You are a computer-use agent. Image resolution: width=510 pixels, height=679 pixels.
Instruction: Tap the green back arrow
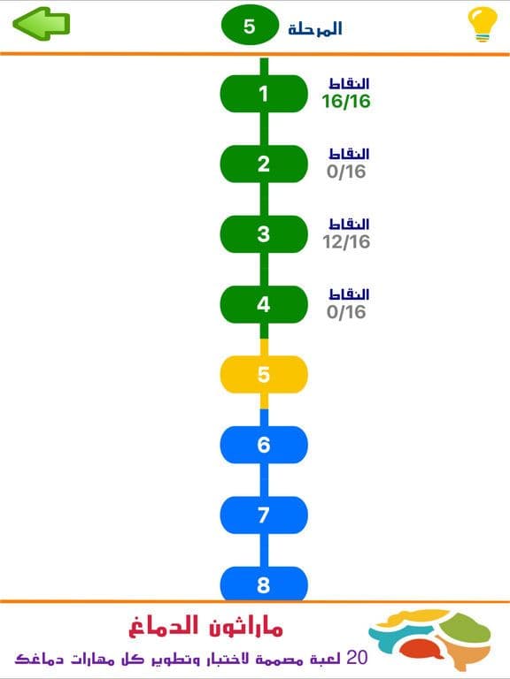(42, 23)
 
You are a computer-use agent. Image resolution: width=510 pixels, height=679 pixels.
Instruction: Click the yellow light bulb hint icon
(483, 25)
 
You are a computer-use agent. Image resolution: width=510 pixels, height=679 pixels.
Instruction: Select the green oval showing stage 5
(250, 26)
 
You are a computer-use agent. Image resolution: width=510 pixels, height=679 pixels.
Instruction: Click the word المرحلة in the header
(315, 28)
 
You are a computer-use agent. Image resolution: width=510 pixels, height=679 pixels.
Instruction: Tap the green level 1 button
(264, 94)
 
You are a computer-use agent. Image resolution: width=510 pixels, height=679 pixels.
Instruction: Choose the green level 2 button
(264, 164)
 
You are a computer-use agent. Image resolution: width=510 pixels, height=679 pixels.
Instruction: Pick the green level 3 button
(264, 233)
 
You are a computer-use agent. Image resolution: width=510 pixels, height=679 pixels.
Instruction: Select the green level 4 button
(264, 304)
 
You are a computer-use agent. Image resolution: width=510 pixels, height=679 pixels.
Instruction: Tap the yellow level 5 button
(264, 375)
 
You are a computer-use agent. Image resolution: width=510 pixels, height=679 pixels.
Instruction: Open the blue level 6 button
(264, 445)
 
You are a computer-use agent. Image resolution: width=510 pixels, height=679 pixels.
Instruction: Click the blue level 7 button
(264, 515)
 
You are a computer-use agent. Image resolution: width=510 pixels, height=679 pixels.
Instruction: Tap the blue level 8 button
(264, 584)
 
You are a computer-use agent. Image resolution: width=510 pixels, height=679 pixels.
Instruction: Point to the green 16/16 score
(346, 102)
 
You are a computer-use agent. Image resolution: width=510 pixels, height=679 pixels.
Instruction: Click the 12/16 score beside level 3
(346, 241)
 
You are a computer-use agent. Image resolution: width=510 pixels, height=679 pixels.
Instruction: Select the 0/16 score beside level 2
(346, 172)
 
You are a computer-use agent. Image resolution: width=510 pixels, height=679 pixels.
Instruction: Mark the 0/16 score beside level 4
(346, 312)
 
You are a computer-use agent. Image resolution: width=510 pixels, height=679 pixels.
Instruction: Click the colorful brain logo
(429, 638)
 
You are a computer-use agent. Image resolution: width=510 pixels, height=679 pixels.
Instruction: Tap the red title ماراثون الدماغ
(205, 626)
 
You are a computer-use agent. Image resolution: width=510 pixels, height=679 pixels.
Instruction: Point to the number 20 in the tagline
(357, 658)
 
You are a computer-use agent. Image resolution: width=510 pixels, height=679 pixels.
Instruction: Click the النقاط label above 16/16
(349, 83)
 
